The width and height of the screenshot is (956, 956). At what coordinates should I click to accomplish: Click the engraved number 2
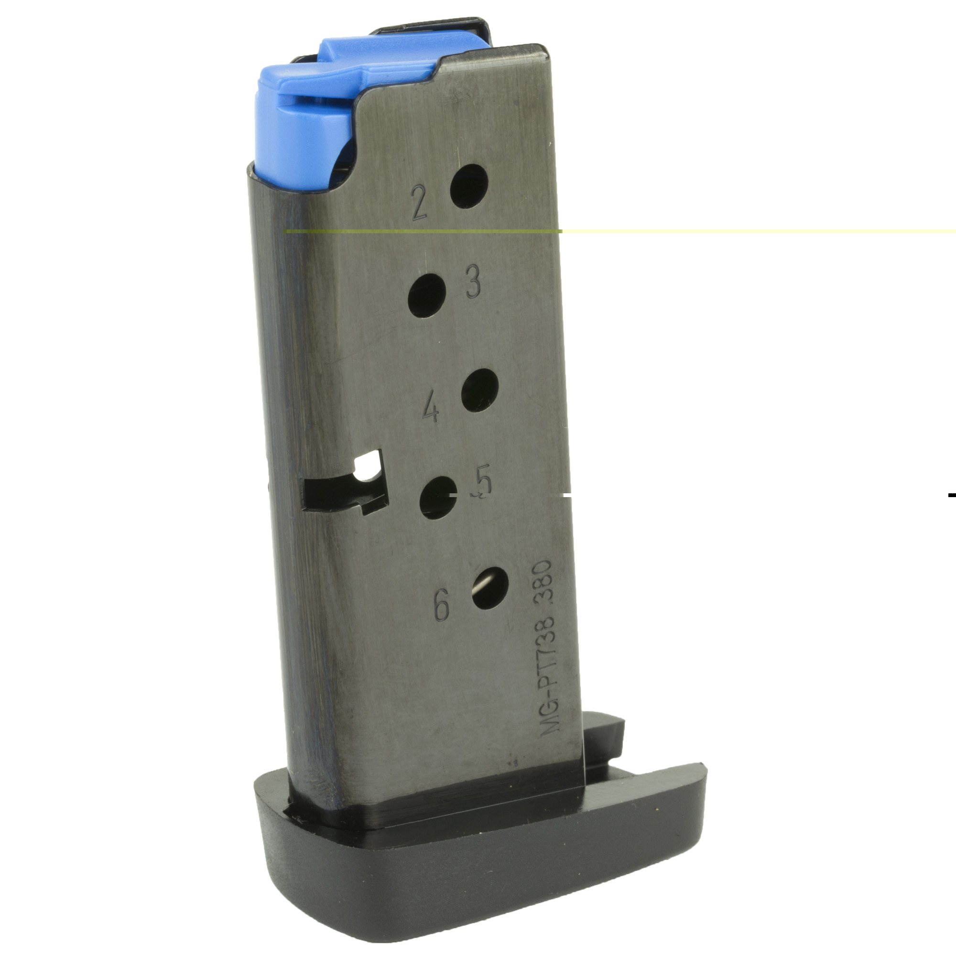click(419, 202)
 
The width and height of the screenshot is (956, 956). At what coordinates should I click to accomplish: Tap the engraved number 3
click(474, 281)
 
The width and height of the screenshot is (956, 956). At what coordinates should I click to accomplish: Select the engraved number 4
click(430, 406)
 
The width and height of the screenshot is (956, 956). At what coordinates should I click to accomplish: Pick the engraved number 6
click(441, 605)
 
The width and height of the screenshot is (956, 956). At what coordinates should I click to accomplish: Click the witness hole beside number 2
click(468, 186)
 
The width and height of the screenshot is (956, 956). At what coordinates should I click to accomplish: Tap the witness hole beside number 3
click(426, 295)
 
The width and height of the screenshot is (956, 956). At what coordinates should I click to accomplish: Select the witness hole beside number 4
click(479, 390)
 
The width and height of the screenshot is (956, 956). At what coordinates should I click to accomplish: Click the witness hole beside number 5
click(437, 498)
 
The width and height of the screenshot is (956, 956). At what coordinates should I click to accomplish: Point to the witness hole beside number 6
click(490, 587)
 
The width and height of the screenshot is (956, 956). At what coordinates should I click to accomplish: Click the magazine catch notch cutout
click(347, 488)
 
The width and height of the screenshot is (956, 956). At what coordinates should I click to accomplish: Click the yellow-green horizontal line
click(742, 231)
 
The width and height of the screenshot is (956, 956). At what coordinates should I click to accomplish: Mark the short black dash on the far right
click(951, 494)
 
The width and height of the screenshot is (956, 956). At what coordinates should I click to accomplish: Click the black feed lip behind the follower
click(431, 27)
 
